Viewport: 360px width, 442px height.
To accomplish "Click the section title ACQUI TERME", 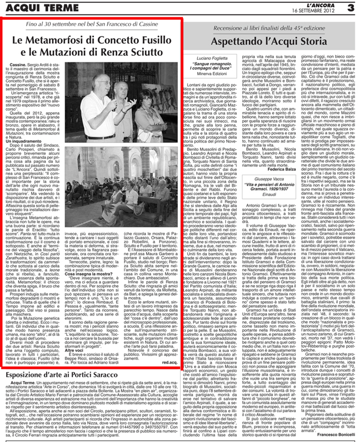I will pyautogui.click(x=34, y=7).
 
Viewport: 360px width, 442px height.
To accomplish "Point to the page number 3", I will pyautogui.click(x=350, y=7).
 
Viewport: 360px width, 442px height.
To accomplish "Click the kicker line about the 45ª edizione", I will pyautogui.click(x=270, y=27).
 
